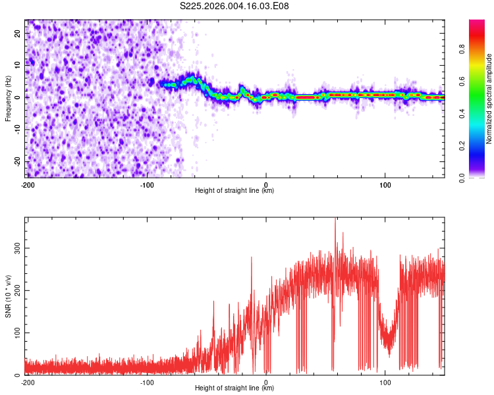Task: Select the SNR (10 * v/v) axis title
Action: click(x=8, y=296)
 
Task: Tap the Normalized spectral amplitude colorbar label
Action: click(x=489, y=99)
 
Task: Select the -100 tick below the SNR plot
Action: click(x=147, y=382)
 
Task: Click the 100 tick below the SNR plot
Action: click(x=385, y=382)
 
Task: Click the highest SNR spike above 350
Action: click(x=335, y=221)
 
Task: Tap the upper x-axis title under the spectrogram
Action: click(x=234, y=191)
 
